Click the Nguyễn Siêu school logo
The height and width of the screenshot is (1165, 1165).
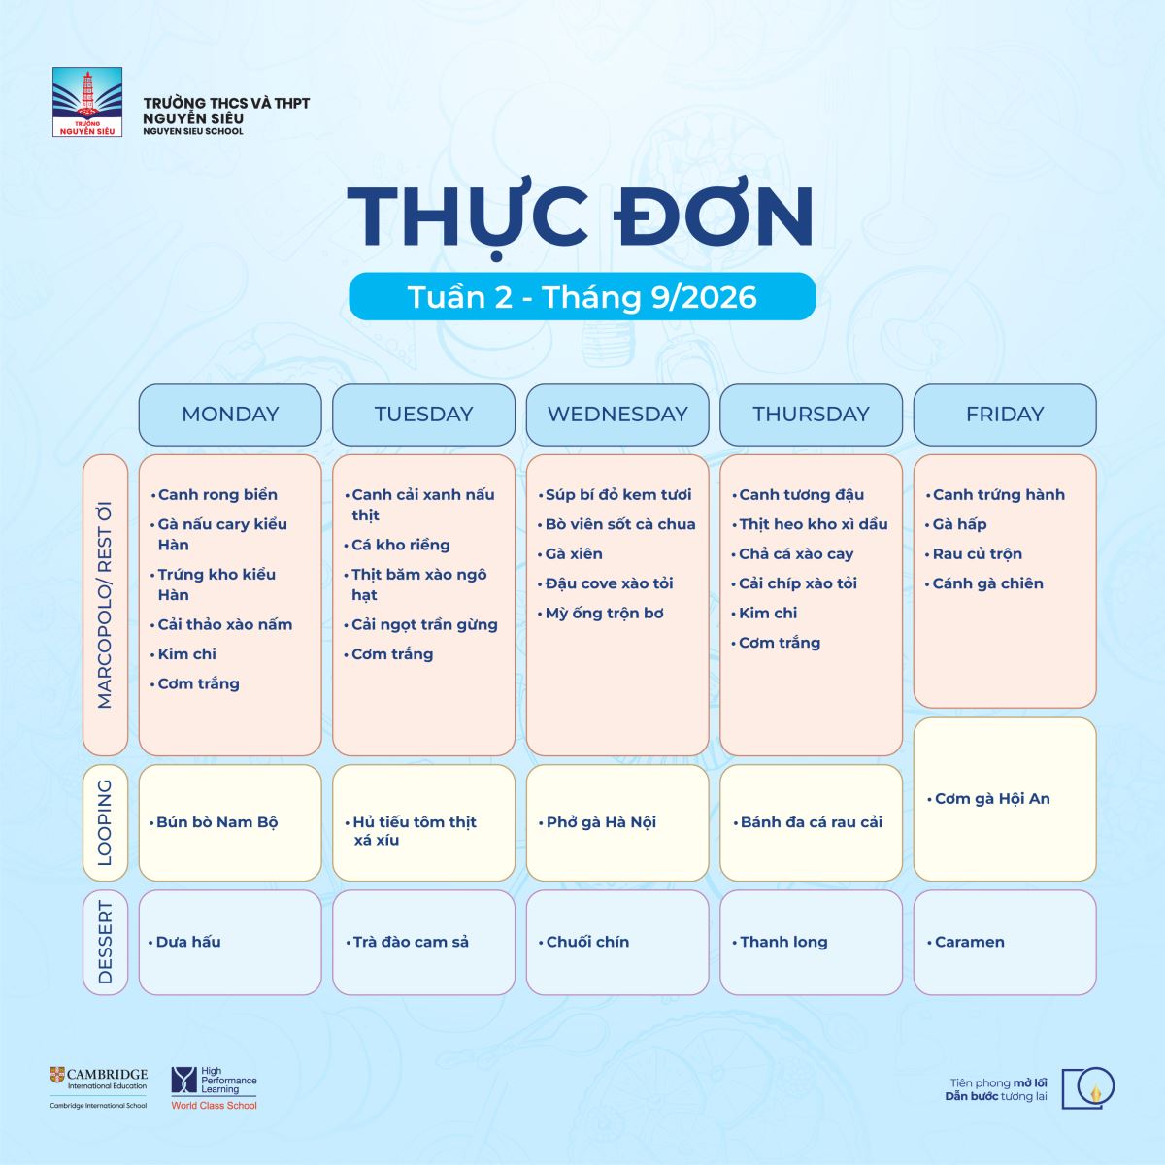87,102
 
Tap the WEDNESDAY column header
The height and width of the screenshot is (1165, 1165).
617,415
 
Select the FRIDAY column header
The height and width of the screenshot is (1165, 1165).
1005,415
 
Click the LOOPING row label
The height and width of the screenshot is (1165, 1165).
105,822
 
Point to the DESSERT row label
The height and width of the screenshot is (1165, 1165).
105,942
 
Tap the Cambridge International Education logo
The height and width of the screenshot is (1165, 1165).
99,1097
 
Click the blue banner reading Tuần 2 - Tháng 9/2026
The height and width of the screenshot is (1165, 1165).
582,296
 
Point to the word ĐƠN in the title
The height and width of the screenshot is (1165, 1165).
714,216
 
